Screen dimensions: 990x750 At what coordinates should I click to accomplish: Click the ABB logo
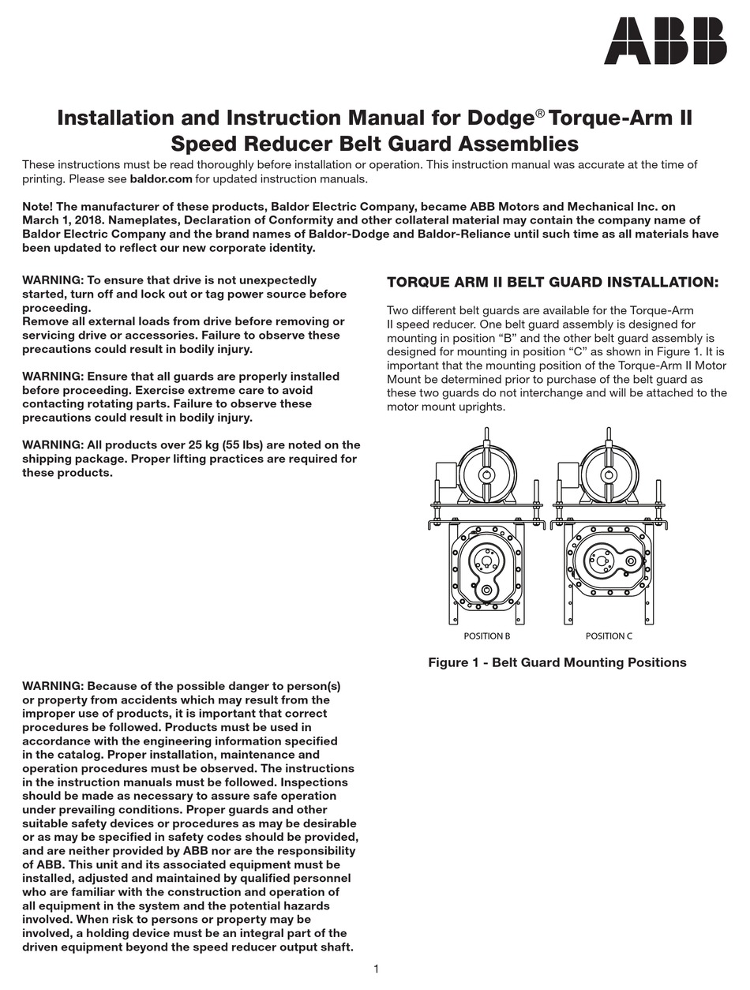(x=665, y=41)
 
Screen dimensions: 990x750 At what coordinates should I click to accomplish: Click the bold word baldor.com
(x=161, y=179)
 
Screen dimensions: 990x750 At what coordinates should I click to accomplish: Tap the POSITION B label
(x=486, y=636)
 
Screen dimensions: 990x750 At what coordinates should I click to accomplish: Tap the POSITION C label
(x=609, y=636)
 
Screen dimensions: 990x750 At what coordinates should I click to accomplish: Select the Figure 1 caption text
(x=557, y=662)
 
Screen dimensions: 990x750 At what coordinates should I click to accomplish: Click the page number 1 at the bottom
(x=377, y=969)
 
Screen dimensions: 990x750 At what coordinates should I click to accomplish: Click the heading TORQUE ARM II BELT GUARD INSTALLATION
(x=553, y=283)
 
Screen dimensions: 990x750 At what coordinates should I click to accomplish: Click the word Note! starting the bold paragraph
(x=38, y=207)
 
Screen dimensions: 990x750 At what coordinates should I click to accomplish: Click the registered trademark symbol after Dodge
(x=540, y=114)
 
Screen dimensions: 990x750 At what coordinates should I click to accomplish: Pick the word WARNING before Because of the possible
(x=52, y=686)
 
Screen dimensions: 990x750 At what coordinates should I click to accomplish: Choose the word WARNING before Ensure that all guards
(x=52, y=377)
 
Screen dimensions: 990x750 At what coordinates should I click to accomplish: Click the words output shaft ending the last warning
(x=316, y=947)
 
